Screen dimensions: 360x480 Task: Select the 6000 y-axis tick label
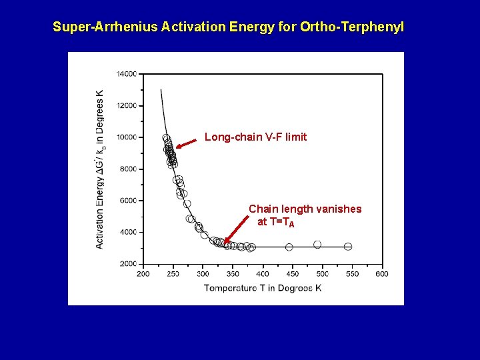(127, 201)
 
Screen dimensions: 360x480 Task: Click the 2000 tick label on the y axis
(127, 264)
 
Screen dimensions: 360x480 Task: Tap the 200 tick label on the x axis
(143, 274)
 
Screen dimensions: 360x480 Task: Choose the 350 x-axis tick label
(233, 274)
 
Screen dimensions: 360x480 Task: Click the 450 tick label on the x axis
(293, 274)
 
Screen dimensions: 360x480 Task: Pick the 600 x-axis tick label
(382, 274)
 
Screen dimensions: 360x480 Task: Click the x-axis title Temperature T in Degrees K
(263, 288)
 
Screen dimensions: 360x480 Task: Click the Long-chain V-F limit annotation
(255, 137)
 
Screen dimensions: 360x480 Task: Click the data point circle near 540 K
(348, 247)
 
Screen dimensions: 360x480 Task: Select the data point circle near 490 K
(317, 245)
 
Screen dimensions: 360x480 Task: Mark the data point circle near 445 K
(289, 247)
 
